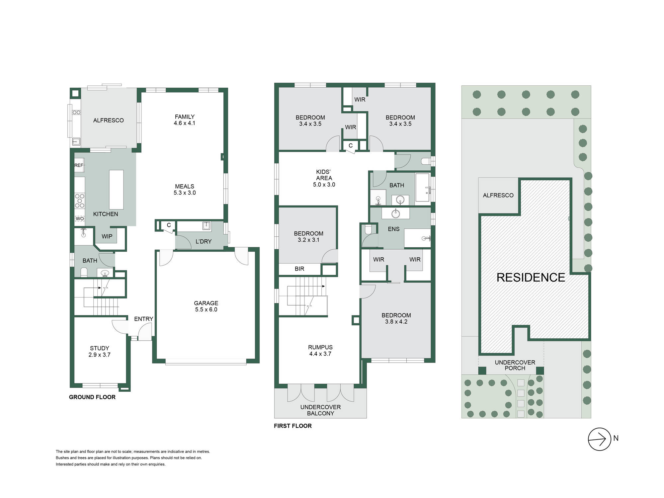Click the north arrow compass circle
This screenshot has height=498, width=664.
(x=599, y=428)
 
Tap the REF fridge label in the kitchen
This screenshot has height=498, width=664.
(x=79, y=165)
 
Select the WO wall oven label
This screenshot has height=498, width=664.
(x=80, y=219)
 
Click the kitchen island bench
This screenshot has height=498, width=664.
(x=116, y=190)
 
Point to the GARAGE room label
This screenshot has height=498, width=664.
(x=206, y=303)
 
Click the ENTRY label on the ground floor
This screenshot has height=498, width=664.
(x=143, y=319)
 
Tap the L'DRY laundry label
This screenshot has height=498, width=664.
(x=204, y=242)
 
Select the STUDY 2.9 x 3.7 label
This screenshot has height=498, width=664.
(x=100, y=351)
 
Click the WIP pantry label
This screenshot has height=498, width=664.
(x=107, y=236)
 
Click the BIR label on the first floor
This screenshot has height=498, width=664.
(x=299, y=269)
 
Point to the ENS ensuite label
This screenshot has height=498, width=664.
(x=394, y=229)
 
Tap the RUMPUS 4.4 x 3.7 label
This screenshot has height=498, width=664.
(x=320, y=351)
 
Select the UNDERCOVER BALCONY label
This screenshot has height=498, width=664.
(x=320, y=410)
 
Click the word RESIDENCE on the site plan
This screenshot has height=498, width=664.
(x=531, y=278)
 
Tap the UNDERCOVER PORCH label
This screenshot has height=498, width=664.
(x=515, y=365)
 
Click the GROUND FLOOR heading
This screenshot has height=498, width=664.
(x=92, y=397)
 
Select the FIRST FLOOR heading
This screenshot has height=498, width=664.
(x=293, y=426)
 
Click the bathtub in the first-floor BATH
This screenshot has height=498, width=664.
(x=423, y=187)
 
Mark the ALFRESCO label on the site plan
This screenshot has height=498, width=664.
(x=498, y=196)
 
